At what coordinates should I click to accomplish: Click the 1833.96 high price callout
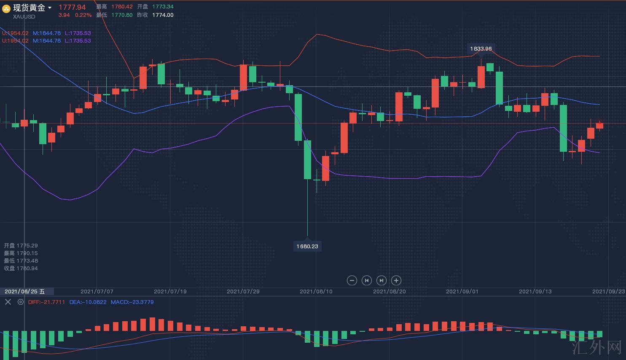tap(481, 48)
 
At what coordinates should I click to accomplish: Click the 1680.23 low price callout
tap(307, 246)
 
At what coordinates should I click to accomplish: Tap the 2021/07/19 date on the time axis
tap(170, 291)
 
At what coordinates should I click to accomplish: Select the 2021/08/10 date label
tap(316, 291)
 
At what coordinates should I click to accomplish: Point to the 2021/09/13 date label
tap(535, 291)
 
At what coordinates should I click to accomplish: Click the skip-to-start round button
tap(367, 280)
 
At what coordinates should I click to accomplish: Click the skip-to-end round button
tap(381, 280)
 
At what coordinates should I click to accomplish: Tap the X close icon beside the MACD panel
tap(8, 302)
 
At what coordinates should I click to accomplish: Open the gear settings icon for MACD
tap(20, 302)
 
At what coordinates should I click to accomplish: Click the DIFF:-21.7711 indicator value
tap(46, 302)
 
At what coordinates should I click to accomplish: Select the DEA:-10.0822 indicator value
tap(88, 302)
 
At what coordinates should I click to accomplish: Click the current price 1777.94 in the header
tap(72, 7)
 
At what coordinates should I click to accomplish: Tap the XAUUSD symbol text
tap(24, 16)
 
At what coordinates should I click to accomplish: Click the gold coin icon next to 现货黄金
tap(6, 8)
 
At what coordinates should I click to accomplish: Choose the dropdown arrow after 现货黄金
tap(50, 8)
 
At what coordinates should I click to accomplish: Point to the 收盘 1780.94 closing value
tap(21, 269)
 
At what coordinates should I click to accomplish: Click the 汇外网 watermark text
tap(597, 347)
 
